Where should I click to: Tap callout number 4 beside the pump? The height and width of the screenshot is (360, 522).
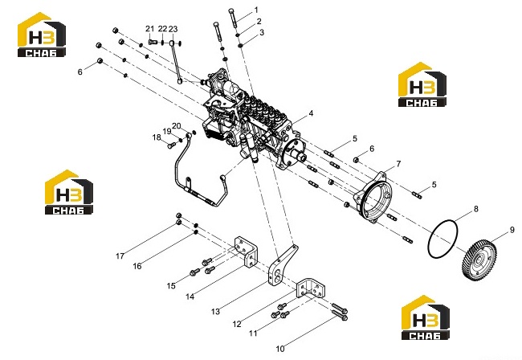pyautogui.click(x=311, y=113)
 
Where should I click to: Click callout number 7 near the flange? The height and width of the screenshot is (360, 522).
pyautogui.click(x=398, y=163)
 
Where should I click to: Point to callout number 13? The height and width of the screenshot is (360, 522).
pyautogui.click(x=215, y=311)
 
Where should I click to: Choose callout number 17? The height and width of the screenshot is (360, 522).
pyautogui.click(x=120, y=256)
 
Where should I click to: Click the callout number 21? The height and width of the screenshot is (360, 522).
pyautogui.click(x=150, y=29)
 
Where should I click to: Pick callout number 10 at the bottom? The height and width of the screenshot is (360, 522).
pyautogui.click(x=280, y=349)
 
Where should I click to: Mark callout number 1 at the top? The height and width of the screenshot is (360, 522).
pyautogui.click(x=256, y=10)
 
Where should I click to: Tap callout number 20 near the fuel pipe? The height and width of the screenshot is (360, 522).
pyautogui.click(x=177, y=126)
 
